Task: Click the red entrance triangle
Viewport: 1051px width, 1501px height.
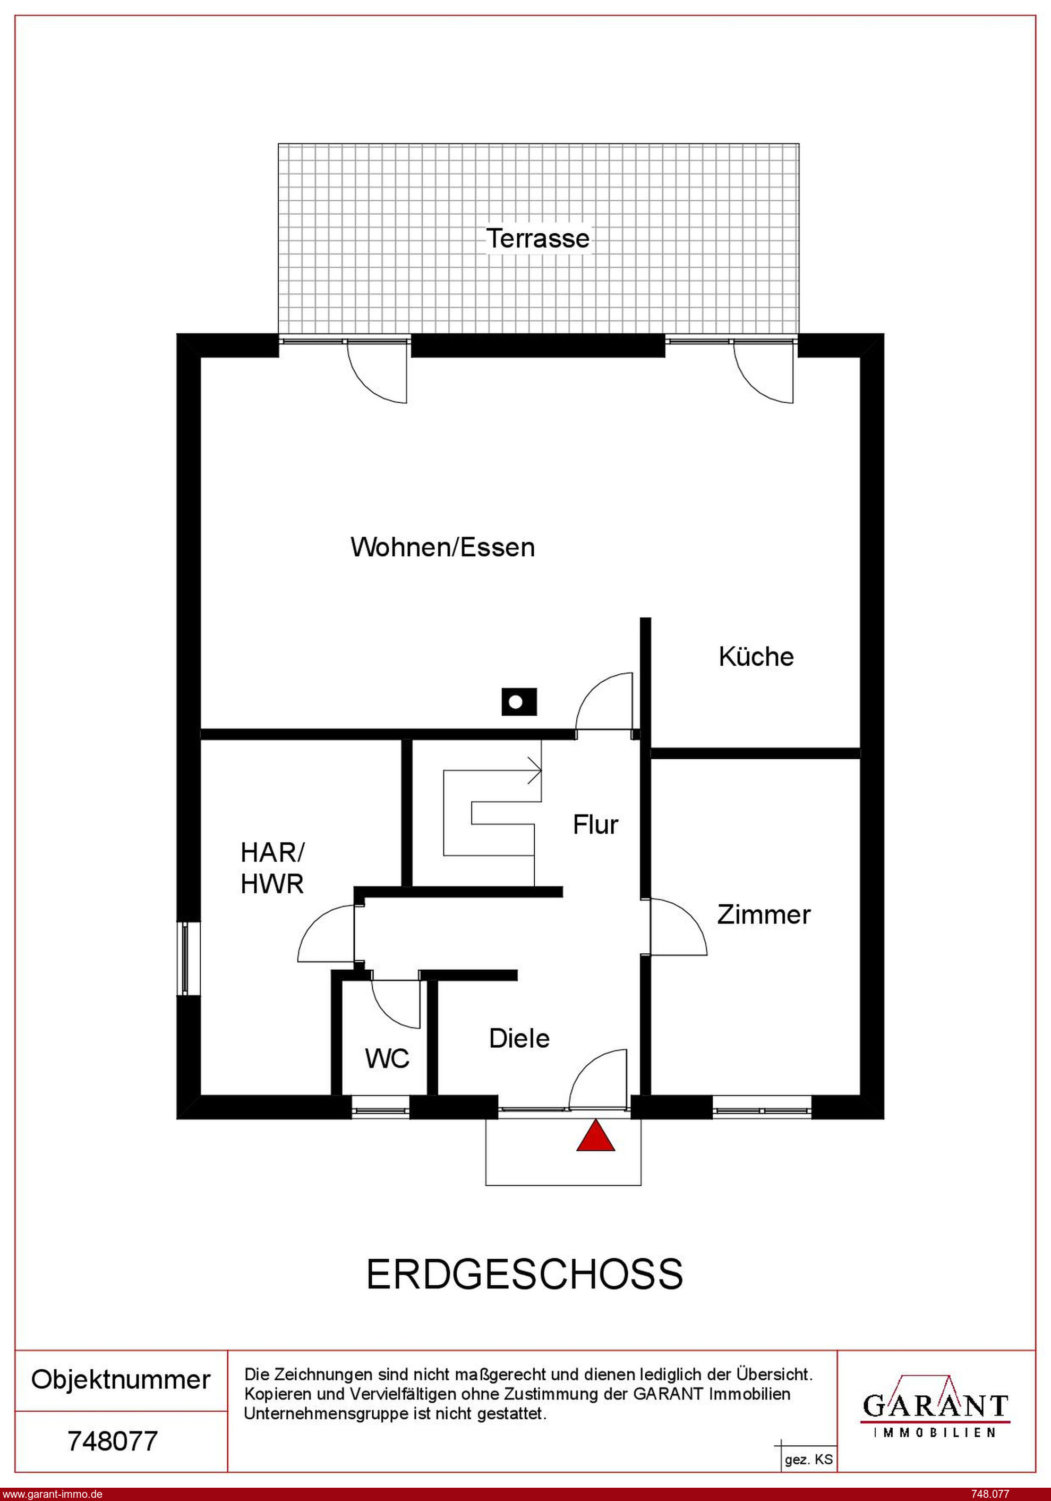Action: click(x=595, y=1135)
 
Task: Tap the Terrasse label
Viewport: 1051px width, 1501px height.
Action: click(x=538, y=238)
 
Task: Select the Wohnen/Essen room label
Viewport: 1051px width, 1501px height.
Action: click(x=442, y=547)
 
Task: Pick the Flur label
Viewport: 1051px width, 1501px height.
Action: click(x=595, y=825)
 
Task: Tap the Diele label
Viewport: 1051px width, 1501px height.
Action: click(x=519, y=1038)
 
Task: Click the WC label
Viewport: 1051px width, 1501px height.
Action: click(x=388, y=1058)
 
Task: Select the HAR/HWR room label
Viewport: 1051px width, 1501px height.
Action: click(x=272, y=868)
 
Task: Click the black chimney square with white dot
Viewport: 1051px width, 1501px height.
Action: click(x=519, y=702)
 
